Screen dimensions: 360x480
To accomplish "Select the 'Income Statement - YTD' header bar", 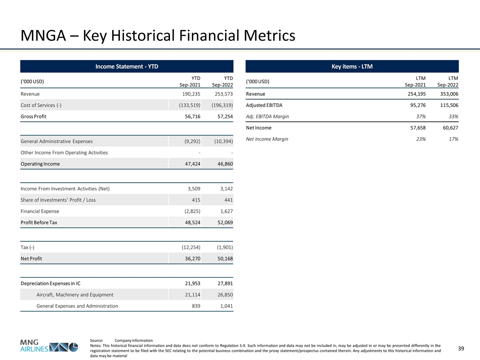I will point(126,67).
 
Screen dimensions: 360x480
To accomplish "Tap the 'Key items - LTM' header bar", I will point(352,67).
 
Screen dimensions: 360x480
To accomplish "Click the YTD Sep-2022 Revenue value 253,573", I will point(222,94).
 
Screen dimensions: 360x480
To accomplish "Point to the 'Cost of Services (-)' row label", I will point(41,105).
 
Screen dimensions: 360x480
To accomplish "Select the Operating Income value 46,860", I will point(222,164).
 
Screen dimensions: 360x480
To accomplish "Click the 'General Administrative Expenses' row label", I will point(56,141).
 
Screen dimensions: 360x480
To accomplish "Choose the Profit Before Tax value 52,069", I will point(222,223).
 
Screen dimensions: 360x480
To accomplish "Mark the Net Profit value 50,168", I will point(222,259).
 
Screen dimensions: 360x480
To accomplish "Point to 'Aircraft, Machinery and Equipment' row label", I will point(75,295).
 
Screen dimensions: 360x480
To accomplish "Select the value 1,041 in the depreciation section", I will point(225,306).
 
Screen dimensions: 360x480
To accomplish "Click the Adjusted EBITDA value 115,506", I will point(447,105).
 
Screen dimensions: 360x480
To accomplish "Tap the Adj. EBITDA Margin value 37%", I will point(421,116).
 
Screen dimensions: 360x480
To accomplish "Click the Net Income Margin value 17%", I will point(452,139).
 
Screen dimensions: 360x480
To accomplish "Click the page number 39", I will point(461,349).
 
